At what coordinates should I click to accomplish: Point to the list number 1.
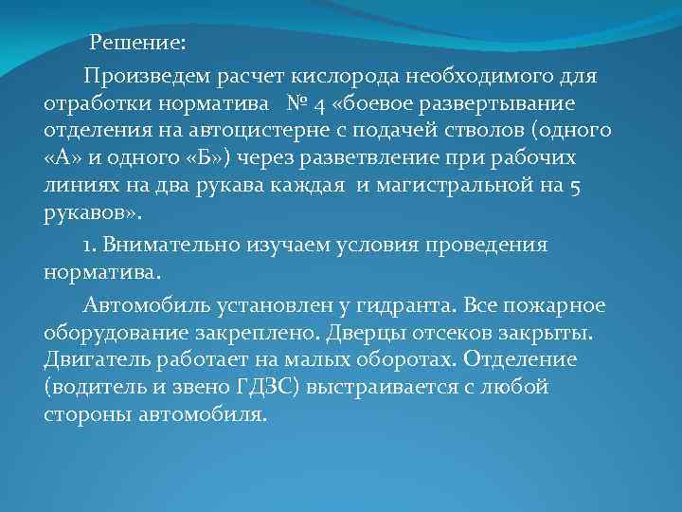coord(88,245)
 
